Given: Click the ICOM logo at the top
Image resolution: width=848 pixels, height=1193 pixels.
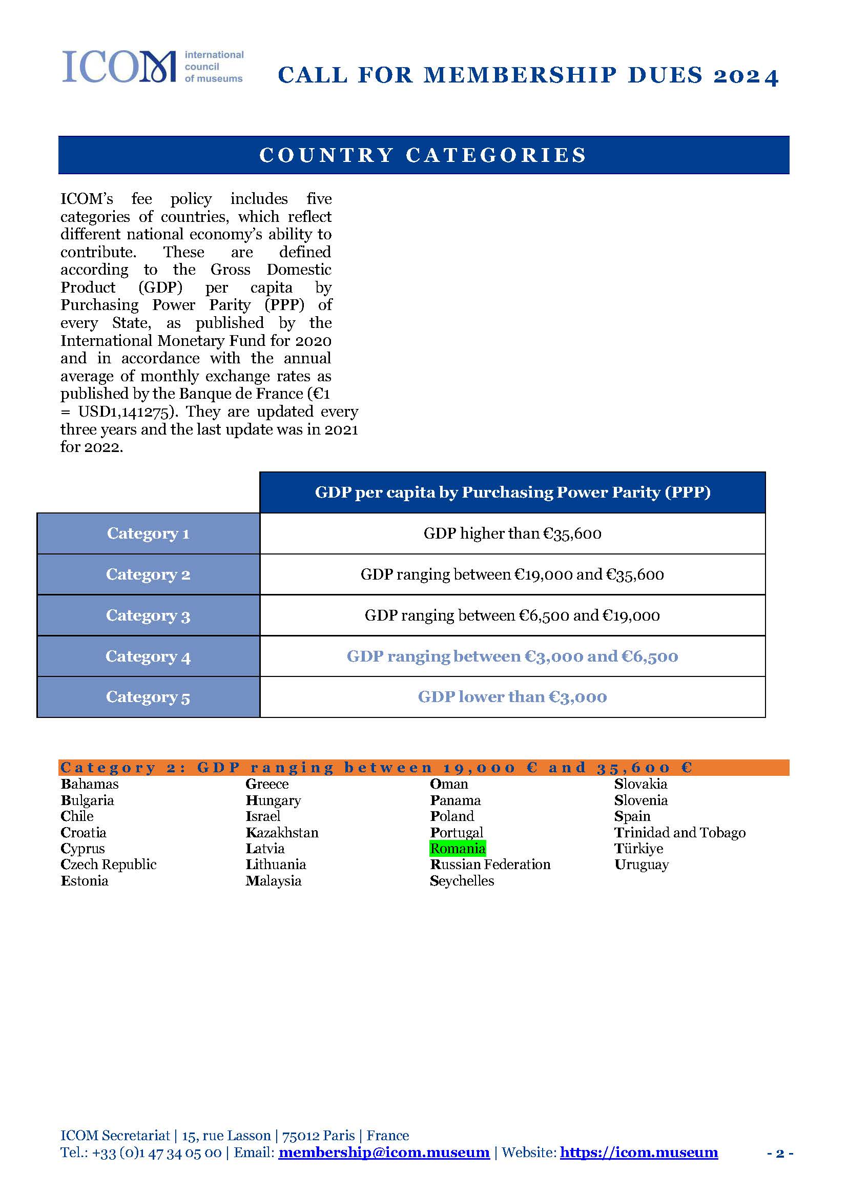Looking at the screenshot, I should pyautogui.click(x=153, y=67).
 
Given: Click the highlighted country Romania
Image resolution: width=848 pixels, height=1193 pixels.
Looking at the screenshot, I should pyautogui.click(x=458, y=848).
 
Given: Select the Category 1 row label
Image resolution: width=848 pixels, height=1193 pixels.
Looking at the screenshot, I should pyautogui.click(x=148, y=533).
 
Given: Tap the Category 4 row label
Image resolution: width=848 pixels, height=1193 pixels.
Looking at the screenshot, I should pyautogui.click(x=148, y=656).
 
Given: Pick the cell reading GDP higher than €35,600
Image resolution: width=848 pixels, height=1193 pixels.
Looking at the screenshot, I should pyautogui.click(x=512, y=533).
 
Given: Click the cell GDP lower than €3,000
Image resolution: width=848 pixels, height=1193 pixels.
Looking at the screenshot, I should pyautogui.click(x=512, y=696).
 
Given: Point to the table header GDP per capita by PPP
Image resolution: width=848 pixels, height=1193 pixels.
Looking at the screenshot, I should pyautogui.click(x=512, y=492).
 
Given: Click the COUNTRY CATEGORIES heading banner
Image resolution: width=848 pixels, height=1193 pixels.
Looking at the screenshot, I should pyautogui.click(x=423, y=155).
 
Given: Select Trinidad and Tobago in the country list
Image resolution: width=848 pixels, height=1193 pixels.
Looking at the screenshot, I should pyautogui.click(x=680, y=832).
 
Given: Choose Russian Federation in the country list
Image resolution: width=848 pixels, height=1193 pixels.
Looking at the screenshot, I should pyautogui.click(x=490, y=864).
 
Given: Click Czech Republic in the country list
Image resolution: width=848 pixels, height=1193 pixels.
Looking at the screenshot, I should pyautogui.click(x=109, y=864).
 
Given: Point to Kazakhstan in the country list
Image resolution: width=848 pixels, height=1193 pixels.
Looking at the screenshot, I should pyautogui.click(x=282, y=832).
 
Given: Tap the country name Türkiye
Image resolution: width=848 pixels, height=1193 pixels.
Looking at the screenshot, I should pyautogui.click(x=638, y=848).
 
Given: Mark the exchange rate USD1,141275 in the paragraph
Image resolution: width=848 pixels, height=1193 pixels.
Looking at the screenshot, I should pyautogui.click(x=125, y=412).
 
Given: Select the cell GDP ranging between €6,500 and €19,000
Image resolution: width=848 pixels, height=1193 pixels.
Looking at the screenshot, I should pyautogui.click(x=512, y=615).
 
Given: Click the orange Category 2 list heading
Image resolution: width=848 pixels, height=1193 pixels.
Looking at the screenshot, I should pyautogui.click(x=423, y=768).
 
